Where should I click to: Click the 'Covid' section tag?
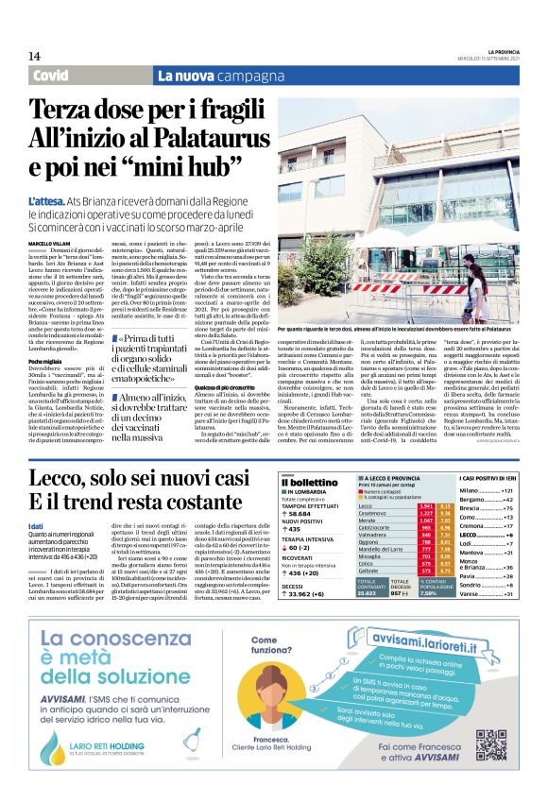coord(58,76)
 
